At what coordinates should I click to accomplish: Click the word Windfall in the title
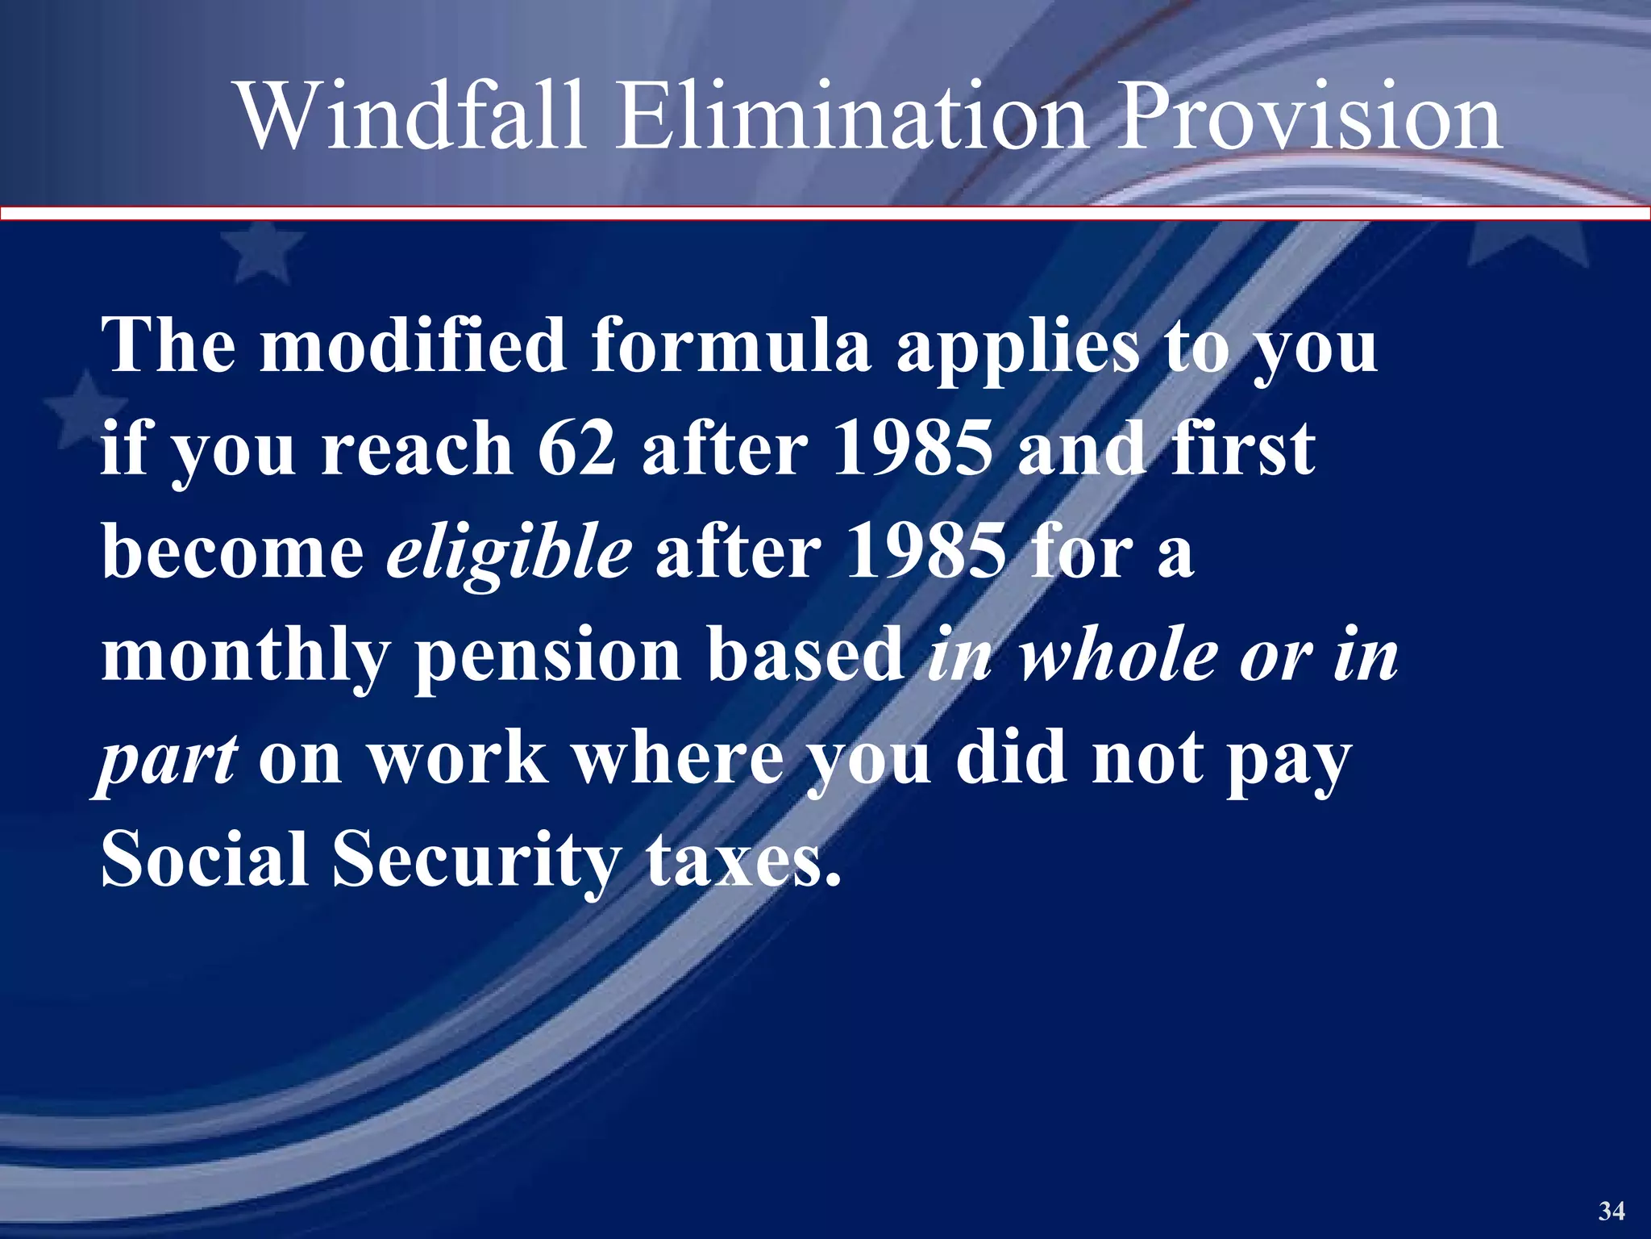pyautogui.click(x=411, y=117)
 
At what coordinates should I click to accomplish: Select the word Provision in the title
pyautogui.click(x=1309, y=117)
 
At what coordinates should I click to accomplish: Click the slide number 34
pyautogui.click(x=1611, y=1211)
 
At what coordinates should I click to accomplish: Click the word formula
pyautogui.click(x=730, y=345)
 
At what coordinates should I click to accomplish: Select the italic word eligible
pyautogui.click(x=509, y=555)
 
